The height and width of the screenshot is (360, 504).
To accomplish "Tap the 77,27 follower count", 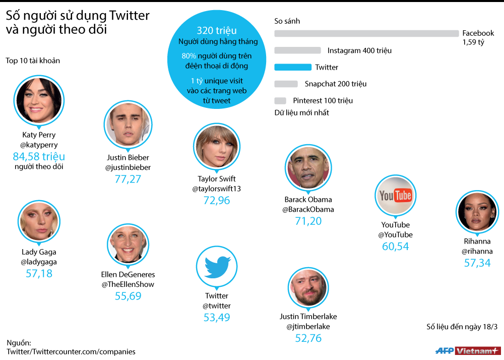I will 128,179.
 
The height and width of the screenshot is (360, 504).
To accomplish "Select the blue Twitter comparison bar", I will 293,67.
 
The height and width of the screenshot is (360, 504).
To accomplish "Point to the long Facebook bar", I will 366,33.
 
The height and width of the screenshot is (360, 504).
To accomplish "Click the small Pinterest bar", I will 280,100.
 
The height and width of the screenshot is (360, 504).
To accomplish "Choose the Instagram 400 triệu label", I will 359,50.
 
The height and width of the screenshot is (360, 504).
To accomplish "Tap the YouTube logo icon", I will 396,196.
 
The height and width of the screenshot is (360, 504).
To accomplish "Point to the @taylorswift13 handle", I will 217,189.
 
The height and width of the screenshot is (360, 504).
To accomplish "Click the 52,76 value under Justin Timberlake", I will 308,338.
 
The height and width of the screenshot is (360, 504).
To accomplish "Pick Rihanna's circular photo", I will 477,212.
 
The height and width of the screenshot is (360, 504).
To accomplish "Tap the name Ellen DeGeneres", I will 128,275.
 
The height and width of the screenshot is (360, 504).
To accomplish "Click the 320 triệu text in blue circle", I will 217,31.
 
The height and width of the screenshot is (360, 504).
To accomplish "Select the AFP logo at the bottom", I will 444,350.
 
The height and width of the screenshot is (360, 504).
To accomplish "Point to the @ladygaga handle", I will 39,262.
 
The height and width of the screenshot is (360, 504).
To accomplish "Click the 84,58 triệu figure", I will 39,156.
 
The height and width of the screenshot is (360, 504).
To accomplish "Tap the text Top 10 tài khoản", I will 33,61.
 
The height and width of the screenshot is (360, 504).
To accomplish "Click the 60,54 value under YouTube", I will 396,247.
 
